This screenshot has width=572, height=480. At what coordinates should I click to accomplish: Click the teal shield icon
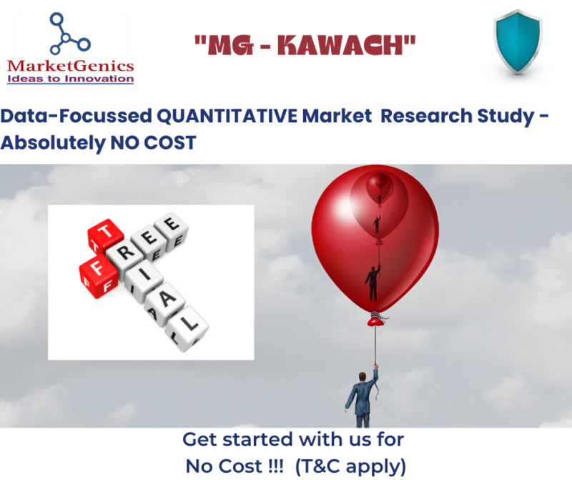pyautogui.click(x=518, y=41)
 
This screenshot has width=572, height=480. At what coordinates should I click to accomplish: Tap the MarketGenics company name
pyautogui.click(x=70, y=66)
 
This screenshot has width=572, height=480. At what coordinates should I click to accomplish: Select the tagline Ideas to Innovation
pyautogui.click(x=70, y=79)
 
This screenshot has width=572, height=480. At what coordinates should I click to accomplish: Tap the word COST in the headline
pyautogui.click(x=170, y=143)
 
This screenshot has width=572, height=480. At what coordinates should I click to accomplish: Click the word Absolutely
pyautogui.click(x=52, y=143)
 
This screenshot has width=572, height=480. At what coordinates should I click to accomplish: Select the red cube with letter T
pyautogui.click(x=104, y=235)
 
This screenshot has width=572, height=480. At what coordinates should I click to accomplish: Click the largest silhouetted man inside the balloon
pyautogui.click(x=373, y=283)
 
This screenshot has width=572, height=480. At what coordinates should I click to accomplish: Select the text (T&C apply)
pyautogui.click(x=350, y=466)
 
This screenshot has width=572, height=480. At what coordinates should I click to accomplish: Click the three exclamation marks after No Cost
pyautogui.click(x=275, y=466)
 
